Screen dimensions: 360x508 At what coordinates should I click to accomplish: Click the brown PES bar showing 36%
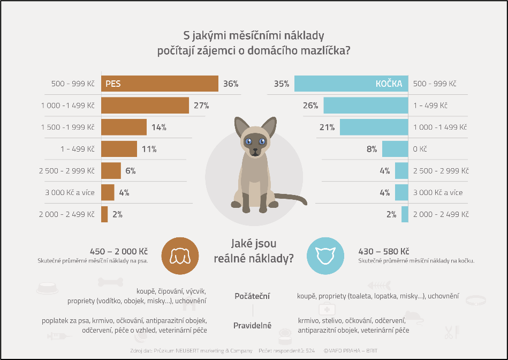click(160, 84)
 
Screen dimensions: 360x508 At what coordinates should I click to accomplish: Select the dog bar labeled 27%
click(145, 106)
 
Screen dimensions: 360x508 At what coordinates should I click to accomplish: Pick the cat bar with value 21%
click(374, 127)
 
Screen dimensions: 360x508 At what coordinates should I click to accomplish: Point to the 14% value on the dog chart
click(158, 127)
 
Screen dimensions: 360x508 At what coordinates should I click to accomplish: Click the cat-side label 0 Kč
click(421, 149)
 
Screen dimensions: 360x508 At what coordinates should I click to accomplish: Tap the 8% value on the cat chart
click(372, 149)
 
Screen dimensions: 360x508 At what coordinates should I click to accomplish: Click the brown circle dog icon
click(180, 256)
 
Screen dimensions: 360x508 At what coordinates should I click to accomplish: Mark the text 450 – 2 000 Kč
click(119, 251)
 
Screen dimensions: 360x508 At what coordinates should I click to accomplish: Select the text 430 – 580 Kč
click(383, 251)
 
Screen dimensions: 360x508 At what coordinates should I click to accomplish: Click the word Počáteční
click(252, 296)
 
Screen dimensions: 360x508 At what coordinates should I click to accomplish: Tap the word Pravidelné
click(252, 325)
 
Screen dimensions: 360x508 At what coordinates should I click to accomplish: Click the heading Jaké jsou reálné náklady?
click(253, 251)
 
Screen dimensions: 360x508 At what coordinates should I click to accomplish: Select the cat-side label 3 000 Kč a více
click(438, 192)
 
